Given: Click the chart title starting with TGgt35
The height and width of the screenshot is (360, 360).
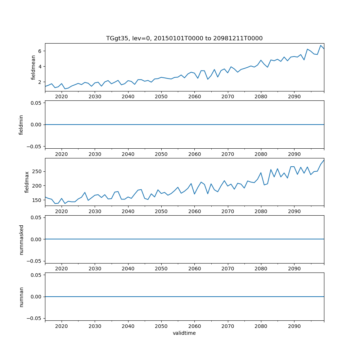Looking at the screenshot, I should click(x=184, y=38).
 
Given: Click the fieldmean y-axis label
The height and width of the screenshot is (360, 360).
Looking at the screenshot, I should click(x=33, y=67).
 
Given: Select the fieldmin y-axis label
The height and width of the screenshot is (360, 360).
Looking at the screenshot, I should click(x=21, y=125).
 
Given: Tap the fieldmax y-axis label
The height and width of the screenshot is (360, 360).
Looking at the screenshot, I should click(x=27, y=182).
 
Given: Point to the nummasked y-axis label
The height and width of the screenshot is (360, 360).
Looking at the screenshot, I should click(x=21, y=239).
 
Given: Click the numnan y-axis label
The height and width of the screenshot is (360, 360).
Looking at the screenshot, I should click(x=21, y=297).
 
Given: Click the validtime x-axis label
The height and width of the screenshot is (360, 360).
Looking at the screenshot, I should click(x=184, y=333).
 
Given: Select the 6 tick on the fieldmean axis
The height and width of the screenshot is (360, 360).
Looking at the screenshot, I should click(x=40, y=51).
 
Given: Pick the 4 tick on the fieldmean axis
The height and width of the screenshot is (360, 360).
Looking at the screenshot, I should click(x=40, y=67).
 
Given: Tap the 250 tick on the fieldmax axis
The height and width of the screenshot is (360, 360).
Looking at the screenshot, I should click(x=37, y=171).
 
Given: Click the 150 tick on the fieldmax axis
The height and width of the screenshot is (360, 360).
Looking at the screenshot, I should click(x=37, y=200).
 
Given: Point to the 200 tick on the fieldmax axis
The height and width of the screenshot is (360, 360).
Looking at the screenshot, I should click(x=37, y=186).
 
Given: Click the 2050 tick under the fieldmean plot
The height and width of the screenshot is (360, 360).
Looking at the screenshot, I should click(x=161, y=97).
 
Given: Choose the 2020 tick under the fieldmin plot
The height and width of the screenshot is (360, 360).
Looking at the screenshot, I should click(x=62, y=154).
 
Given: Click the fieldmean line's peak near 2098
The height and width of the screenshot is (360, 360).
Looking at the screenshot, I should click(x=320, y=45).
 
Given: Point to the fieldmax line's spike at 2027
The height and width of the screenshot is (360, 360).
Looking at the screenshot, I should click(x=85, y=192).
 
